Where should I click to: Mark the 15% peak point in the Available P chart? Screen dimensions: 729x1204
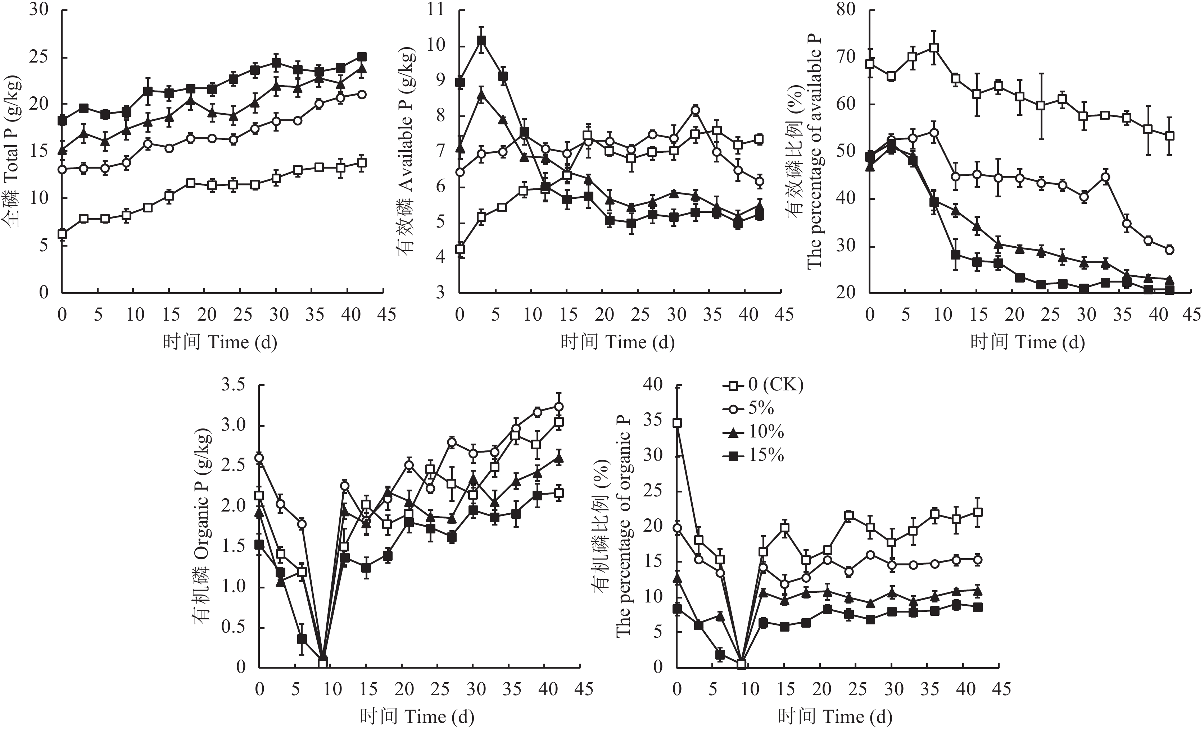481,41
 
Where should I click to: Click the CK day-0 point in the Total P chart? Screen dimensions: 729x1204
62,234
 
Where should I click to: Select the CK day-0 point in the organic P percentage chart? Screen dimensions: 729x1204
677,423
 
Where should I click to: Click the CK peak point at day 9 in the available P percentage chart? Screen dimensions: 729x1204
934,47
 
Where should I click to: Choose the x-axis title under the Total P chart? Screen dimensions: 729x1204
220,342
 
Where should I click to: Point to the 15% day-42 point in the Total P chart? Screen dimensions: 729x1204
362,57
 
